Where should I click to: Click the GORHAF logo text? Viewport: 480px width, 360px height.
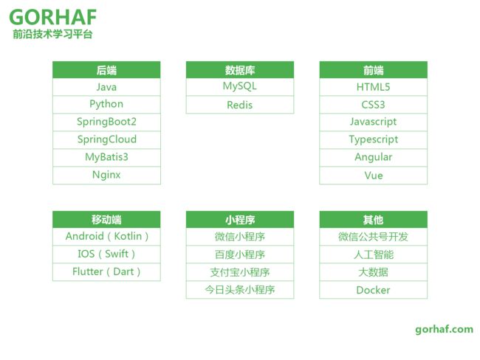[x=53, y=17]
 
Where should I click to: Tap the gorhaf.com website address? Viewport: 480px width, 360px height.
[x=444, y=330]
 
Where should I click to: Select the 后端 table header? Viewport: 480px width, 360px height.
[x=106, y=70]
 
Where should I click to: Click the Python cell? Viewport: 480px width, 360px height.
[x=106, y=105]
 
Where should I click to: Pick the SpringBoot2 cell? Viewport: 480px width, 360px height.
[x=106, y=122]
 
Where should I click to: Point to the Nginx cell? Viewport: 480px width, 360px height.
[x=106, y=176]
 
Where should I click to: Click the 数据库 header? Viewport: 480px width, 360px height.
[x=240, y=70]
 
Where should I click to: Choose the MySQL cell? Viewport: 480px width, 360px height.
[x=240, y=87]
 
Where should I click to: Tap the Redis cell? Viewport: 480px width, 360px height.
[x=240, y=105]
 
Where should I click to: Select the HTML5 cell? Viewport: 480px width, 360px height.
[x=374, y=87]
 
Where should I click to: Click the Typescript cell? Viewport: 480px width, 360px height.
[x=374, y=139]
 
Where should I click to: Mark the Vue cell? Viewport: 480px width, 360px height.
[x=374, y=176]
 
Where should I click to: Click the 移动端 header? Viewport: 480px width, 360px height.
[x=106, y=219]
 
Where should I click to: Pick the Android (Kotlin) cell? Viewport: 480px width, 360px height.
[x=106, y=236]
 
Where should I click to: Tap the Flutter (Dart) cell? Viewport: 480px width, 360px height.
[x=106, y=272]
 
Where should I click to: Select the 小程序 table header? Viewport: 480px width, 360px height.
[x=240, y=219]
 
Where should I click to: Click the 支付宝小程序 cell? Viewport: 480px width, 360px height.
[x=240, y=272]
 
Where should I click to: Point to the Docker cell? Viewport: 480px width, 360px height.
[x=374, y=290]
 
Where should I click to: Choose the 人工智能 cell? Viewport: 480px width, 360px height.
[x=374, y=255]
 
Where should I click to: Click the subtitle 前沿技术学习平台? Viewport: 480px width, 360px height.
[x=52, y=34]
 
